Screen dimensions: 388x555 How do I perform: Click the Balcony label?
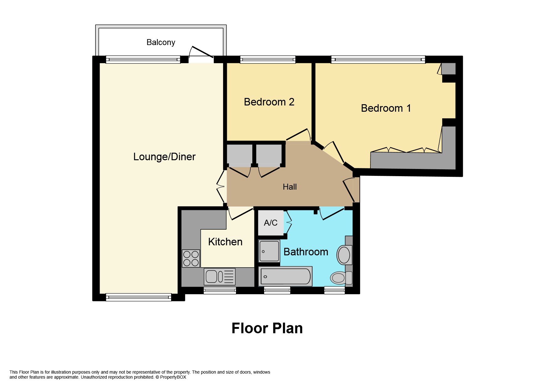pos(161,42)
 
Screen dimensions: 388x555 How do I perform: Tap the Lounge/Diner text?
pos(164,157)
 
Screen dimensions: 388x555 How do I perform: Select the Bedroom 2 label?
pos(269,102)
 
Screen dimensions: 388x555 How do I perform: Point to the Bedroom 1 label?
pos(386,108)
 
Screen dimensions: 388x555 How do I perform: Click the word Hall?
pos(290,187)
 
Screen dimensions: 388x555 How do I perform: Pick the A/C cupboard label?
pos(270,223)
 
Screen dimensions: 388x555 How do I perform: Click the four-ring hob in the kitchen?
pos(191,258)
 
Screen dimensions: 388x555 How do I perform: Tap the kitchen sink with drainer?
pos(219,277)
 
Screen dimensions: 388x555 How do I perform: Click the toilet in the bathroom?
pos(341,278)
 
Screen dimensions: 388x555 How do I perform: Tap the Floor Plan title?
pos(267,328)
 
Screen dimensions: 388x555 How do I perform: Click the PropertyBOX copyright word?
pos(173,377)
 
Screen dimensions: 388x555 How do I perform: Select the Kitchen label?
pos(225,242)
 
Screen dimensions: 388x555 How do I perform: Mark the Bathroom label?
pos(306,252)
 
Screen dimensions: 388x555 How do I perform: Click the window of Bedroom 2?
pos(268,59)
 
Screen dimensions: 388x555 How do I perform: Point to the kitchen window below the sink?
pos(220,291)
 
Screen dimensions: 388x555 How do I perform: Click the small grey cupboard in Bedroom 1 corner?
pos(448,69)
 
